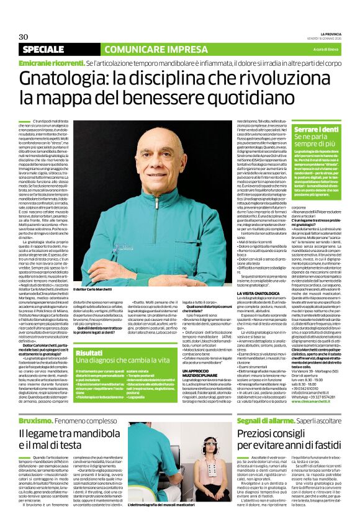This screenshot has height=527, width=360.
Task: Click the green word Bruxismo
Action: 37,402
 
